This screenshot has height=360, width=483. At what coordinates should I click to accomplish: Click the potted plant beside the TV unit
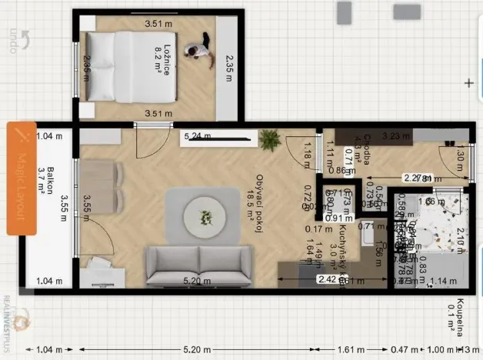coord(269,139)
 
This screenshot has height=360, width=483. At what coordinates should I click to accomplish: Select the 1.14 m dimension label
coord(445,282)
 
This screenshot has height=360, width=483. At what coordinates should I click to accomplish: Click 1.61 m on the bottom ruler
coord(347,350)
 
